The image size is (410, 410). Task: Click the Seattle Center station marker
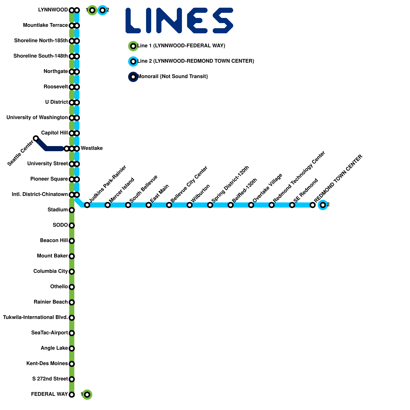pos(36,138)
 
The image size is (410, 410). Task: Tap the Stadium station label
pos(58,210)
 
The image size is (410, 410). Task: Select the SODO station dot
pos(72,225)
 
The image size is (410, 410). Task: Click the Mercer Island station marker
pos(108,205)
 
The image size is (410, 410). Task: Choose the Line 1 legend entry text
pos(181,46)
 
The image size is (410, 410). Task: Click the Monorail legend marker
pos(133,77)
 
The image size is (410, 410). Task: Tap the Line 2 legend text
pos(196,61)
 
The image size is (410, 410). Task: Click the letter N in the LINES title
pos(169,20)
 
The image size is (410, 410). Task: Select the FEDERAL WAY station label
pos(49,394)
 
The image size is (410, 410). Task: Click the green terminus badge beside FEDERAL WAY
pos(87,395)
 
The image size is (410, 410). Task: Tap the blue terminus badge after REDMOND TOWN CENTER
pos(323,205)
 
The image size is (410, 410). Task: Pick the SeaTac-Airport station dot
pos(72,333)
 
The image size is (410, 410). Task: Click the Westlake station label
pos(91,148)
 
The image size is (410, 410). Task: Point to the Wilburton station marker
pos(190,205)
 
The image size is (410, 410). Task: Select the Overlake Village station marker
pos(251,205)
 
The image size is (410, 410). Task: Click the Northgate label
pos(56,71)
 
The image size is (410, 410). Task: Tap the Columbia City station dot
pos(72,272)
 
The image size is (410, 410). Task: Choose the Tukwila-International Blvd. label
pos(35,317)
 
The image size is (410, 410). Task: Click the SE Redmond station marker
pos(292,205)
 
